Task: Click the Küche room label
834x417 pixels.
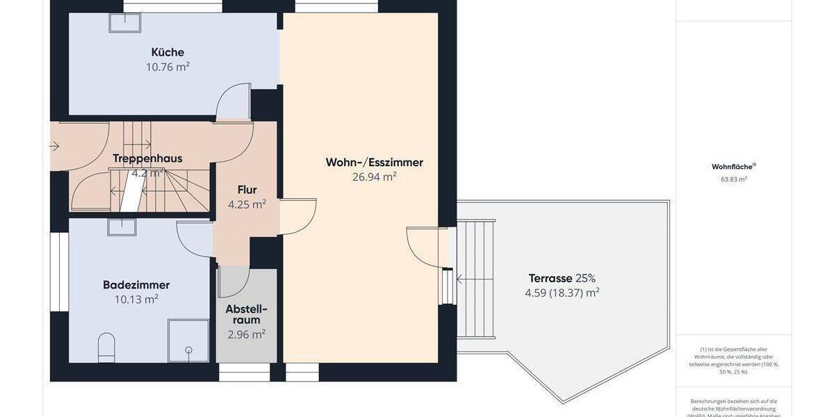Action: pos(167,52)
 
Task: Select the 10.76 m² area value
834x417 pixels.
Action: pos(167,67)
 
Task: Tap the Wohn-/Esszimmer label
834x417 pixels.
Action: pos(374,163)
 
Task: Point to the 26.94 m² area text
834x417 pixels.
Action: pos(374,177)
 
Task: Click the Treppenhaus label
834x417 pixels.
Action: pos(147,158)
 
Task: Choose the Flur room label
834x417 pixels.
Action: pos(247,190)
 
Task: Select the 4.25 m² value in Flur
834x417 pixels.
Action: pos(247,204)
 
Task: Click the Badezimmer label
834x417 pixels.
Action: pos(136,285)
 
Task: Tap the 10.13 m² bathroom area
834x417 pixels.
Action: pos(136,300)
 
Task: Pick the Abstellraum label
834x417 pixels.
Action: pos(246,314)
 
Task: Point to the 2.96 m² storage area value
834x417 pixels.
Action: pos(246,334)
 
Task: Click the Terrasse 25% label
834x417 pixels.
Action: pos(562,278)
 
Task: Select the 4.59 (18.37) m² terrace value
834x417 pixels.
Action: pos(562,293)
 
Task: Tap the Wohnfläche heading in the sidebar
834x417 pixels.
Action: pos(733,167)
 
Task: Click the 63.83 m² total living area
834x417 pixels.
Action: pos(733,179)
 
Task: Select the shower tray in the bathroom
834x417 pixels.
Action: pos(188,340)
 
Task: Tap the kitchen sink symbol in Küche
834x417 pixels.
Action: pos(124,22)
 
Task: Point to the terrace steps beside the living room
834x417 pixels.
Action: pos(475,278)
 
